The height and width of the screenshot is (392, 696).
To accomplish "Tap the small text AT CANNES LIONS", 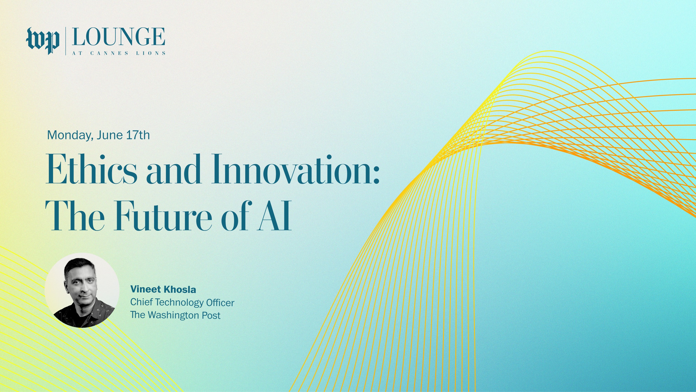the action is click(119, 53).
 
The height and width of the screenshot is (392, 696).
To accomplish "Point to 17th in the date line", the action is click(138, 135).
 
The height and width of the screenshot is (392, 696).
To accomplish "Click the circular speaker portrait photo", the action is click(82, 290).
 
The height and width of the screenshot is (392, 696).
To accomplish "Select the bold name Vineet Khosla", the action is click(163, 289).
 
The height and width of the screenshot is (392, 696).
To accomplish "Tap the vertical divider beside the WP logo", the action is click(66, 41).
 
